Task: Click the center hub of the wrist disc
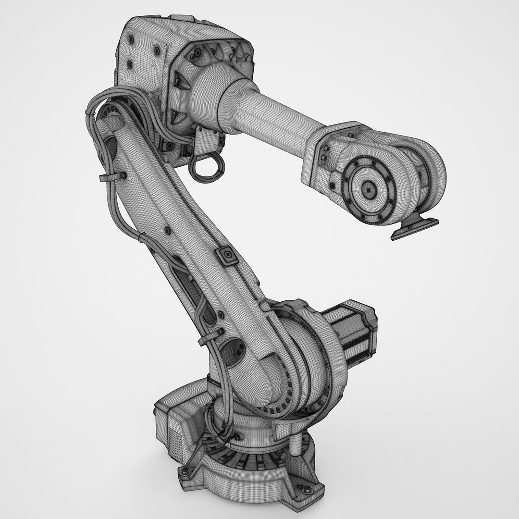point(369,190)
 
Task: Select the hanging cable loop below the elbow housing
point(207,166)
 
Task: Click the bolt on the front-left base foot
point(184,473)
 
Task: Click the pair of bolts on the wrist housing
point(324,152)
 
